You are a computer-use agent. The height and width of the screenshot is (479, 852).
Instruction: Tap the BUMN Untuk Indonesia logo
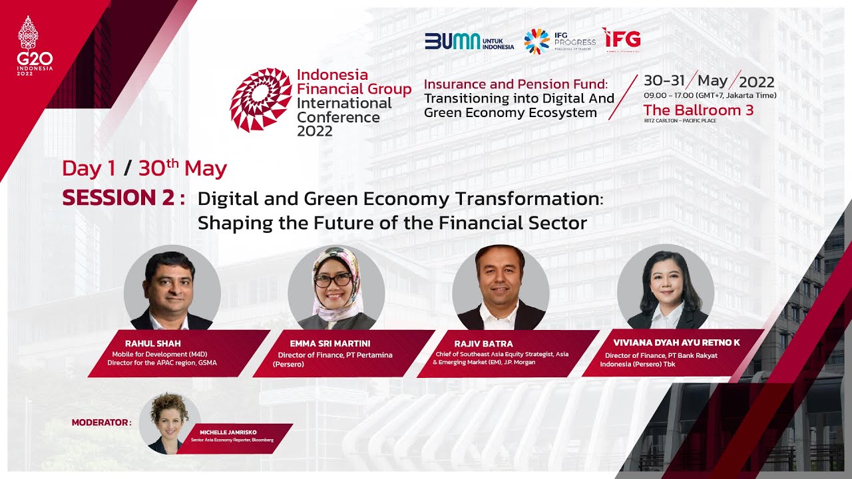(469, 41)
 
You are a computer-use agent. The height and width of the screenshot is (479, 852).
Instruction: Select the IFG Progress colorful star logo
(536, 41)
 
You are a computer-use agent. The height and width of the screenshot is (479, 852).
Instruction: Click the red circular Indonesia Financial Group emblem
(261, 99)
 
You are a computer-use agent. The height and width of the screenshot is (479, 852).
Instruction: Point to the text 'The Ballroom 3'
(698, 110)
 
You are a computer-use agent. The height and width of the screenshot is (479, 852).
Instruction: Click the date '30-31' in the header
(664, 81)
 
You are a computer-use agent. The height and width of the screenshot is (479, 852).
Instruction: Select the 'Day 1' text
(89, 169)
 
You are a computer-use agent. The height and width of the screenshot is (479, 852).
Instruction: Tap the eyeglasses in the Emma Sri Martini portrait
(333, 280)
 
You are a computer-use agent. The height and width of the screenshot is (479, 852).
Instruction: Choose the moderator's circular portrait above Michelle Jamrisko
(169, 424)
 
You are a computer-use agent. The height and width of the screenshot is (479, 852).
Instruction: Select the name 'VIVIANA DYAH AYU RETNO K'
(676, 343)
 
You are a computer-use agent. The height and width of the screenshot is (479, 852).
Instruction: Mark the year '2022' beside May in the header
(757, 82)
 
